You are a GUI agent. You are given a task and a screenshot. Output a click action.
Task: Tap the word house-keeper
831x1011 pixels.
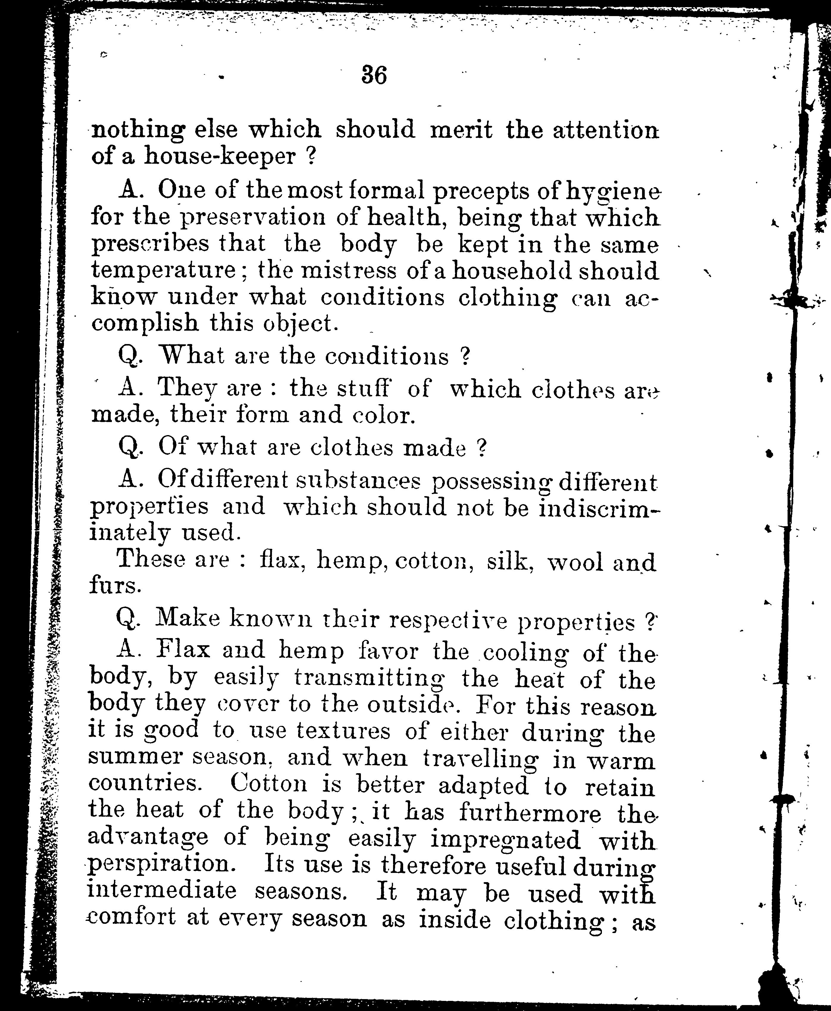220,157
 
